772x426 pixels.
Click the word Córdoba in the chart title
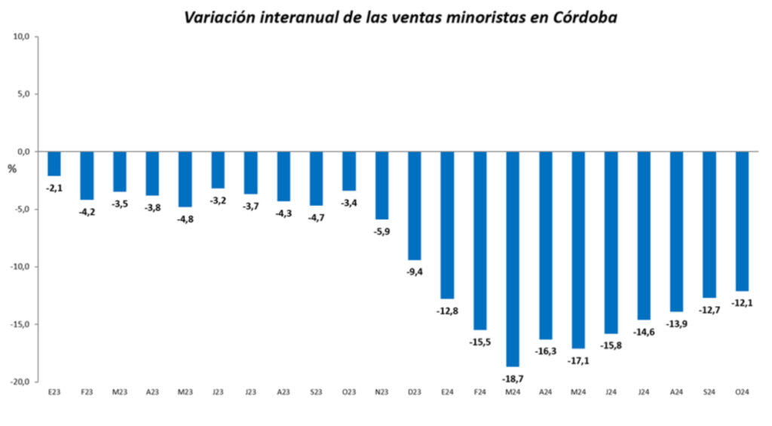click(584, 17)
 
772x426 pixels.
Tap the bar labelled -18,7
click(513, 259)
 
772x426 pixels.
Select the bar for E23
click(54, 164)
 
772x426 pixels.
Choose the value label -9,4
click(415, 272)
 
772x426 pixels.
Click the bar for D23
click(415, 206)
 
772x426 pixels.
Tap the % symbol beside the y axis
click(11, 169)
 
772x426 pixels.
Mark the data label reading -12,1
click(743, 303)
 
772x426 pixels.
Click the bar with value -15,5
click(480, 241)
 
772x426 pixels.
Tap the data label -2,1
click(54, 188)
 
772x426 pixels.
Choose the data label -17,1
click(578, 360)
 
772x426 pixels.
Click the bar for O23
click(349, 171)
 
